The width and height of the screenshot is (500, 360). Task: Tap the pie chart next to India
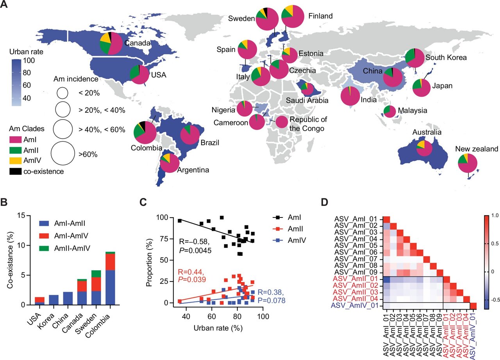(350, 96)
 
